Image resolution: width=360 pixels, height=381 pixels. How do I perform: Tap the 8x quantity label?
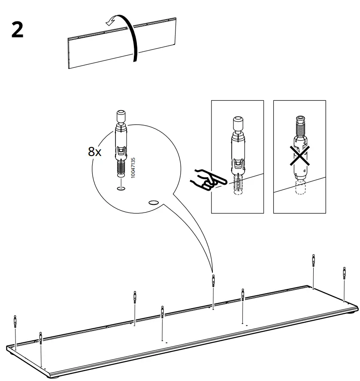point(94,151)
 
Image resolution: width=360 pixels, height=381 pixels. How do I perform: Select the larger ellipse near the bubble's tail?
point(153,201)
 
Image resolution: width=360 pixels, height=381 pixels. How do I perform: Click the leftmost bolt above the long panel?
point(15,321)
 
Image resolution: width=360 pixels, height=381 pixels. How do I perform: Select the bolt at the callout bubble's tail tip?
point(213,281)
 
